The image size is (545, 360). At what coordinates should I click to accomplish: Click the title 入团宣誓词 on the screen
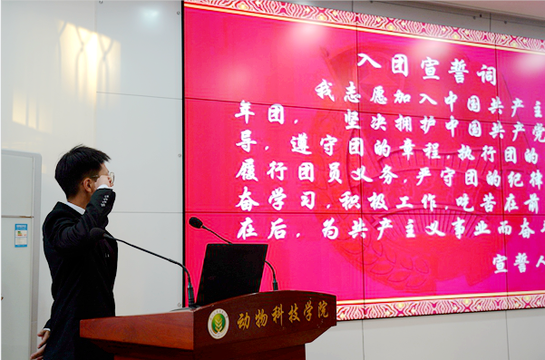coord(426,65)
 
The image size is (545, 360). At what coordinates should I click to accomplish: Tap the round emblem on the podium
coord(219,323)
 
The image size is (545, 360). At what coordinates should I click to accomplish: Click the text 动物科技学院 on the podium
coord(282,316)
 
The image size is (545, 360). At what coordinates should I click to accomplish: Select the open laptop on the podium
coord(232,273)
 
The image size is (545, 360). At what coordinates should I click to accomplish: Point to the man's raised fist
coord(102,199)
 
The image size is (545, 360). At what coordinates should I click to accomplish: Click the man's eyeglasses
coord(103,178)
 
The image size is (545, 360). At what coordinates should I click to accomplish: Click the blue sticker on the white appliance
coord(21,235)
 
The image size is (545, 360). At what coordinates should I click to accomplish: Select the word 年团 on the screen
coord(258,113)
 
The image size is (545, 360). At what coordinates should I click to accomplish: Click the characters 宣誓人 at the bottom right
coord(518,262)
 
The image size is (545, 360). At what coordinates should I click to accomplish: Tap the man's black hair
coord(77,163)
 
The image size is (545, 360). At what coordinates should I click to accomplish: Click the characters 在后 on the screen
coord(258,229)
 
